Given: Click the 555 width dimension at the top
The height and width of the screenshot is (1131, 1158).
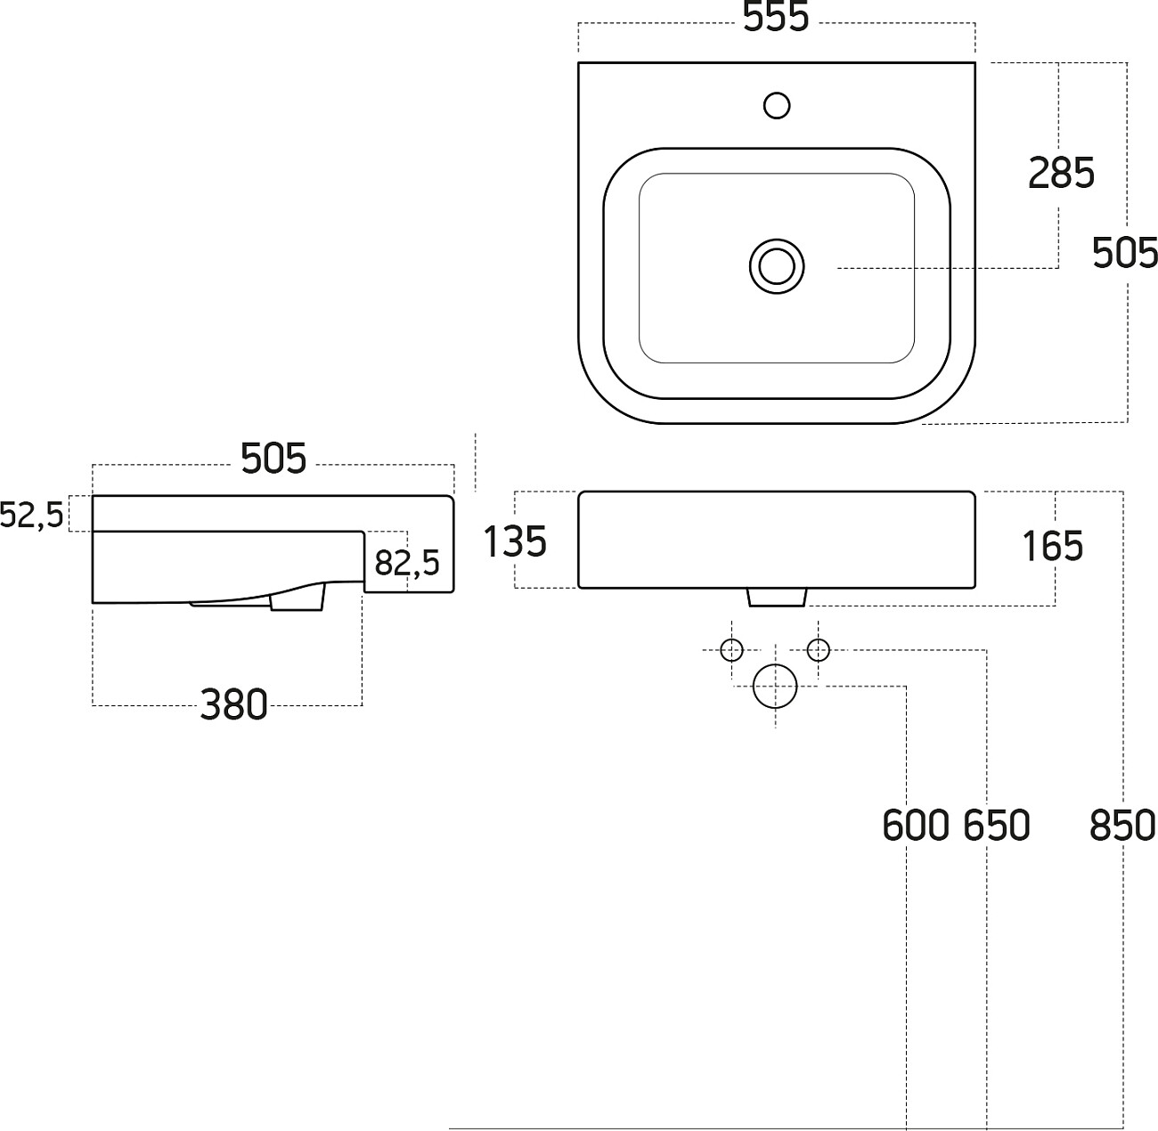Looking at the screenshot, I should pos(776,19).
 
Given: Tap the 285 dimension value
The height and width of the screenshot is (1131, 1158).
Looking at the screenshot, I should pos(1060,173).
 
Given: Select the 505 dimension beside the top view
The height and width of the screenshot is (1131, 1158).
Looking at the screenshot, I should pos(1125,254).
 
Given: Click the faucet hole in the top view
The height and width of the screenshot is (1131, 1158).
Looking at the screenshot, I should pos(777,106).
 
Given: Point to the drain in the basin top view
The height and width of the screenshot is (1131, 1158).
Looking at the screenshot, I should pos(777,266).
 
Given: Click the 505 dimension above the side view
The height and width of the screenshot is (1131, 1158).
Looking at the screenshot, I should pos(273,459).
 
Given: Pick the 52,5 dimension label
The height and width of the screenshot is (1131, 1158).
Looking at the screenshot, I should pos(32,515).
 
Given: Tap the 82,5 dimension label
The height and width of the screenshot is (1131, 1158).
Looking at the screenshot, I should pos(407,563).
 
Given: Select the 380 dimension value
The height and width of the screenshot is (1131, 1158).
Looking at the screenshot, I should pos(233,705).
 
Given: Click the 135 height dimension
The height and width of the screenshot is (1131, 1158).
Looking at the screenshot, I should pos(515,541).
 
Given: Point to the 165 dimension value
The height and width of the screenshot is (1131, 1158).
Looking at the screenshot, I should pos(1052,546).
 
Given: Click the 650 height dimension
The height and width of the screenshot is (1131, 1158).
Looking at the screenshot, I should pos(996,826).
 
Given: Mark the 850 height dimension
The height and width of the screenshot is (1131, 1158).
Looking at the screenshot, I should pos(1122,826).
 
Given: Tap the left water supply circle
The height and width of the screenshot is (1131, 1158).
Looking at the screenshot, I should pos(731,650).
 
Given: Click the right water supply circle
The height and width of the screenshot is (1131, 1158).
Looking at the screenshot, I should pos(818,650).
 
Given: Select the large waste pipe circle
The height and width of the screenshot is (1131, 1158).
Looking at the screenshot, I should pos(775,687).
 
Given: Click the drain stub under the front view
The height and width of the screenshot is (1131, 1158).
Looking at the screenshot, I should pos(777,597).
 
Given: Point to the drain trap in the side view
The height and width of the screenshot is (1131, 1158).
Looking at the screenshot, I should pos(296,598).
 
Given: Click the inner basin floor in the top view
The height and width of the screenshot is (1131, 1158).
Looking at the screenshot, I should pos(695,312).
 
